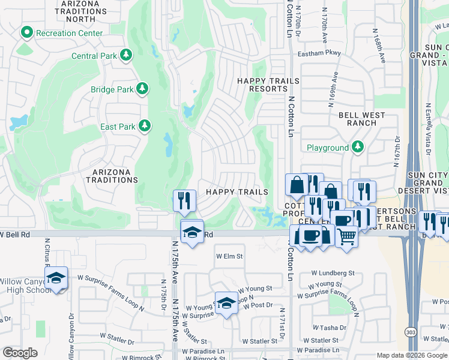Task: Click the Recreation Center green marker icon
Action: point(27,32)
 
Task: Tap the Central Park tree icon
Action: point(126,56)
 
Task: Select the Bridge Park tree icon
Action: point(142,89)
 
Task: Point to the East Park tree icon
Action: point(144,126)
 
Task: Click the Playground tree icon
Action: point(358,147)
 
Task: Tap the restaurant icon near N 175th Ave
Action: point(184,200)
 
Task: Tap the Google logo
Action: point(20,353)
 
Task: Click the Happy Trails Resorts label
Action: point(263,85)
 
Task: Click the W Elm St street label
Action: point(229,256)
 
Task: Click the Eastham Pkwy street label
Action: point(319,53)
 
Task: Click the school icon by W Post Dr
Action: point(226,304)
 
